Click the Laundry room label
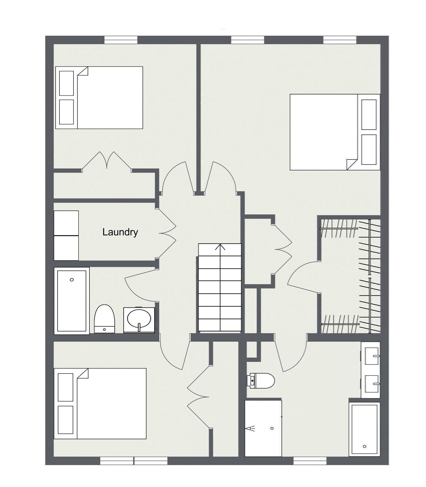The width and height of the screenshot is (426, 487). coord(120,232)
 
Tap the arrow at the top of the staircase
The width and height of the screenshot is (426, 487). coord(220,247)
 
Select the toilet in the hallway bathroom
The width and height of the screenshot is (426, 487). coord(104,319)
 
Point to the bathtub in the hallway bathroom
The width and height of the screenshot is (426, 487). coord(72,301)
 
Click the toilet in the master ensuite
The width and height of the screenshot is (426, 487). coord(261,380)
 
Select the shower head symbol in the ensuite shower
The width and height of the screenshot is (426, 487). coord(250,429)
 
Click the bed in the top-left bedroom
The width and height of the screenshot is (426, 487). coord(99,98)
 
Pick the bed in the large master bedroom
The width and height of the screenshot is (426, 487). coord(334,132)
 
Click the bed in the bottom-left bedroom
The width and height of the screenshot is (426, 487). coord(100,403)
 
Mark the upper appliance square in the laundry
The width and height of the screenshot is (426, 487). coord(66,223)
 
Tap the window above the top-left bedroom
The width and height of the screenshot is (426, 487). coord(121,40)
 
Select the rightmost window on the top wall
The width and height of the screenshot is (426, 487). coord(339,40)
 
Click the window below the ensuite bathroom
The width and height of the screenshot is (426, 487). coord(310,461)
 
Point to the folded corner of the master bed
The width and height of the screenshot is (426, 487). coord(352,164)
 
